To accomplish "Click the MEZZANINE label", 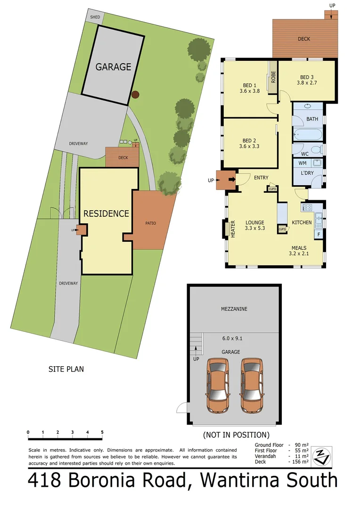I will tap(234, 309).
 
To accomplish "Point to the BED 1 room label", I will tap(249, 85).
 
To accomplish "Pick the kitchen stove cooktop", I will tap(307, 207).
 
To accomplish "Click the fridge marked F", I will tap(319, 234).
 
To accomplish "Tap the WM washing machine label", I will tap(303, 163).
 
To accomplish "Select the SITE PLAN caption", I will tap(66, 369).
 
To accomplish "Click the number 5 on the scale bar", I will tap(102, 432).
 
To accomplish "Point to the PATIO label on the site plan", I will tap(150, 223).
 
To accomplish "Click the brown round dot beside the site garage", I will tap(136, 94).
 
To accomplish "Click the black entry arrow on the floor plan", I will tap(231, 180).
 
